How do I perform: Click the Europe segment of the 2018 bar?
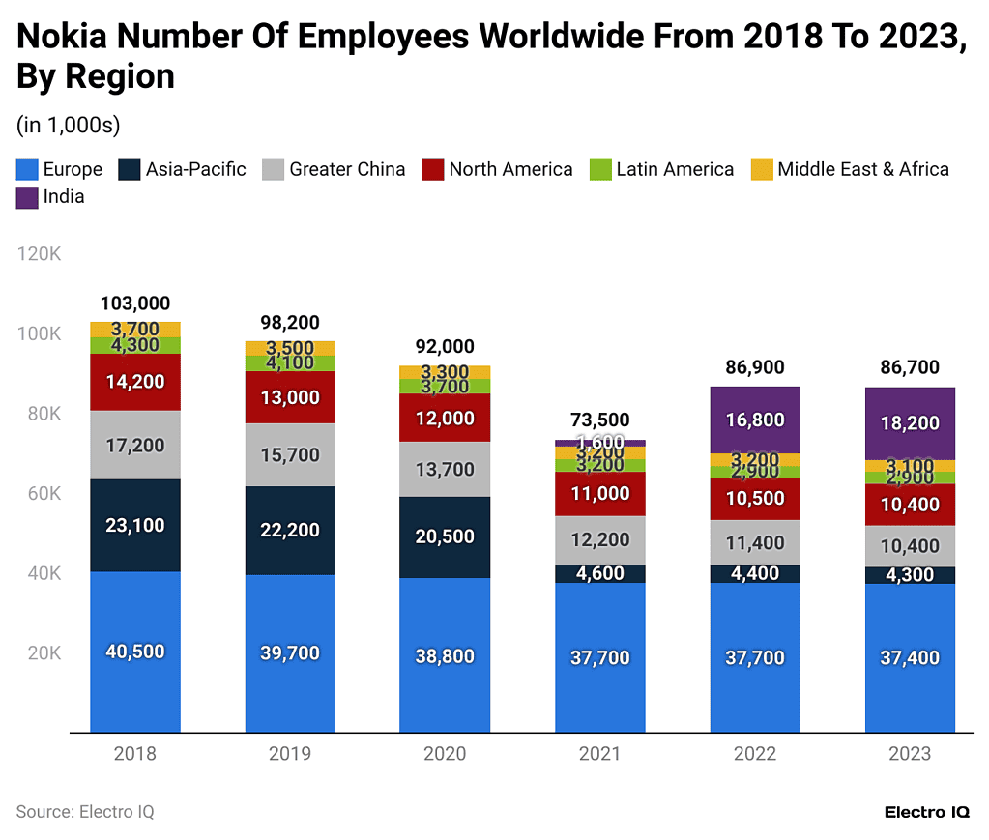pyautogui.click(x=135, y=652)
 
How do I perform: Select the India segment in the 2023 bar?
pyautogui.click(x=910, y=423)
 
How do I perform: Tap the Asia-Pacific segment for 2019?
pyautogui.click(x=290, y=530)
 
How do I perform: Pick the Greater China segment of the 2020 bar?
pyautogui.click(x=445, y=469)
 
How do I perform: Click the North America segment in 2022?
pyautogui.click(x=755, y=498)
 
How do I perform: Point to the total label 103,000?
pyautogui.click(x=135, y=304)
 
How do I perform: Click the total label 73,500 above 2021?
pyautogui.click(x=599, y=420)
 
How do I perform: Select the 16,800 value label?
pyautogui.click(x=755, y=420)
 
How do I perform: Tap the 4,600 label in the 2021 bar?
pyautogui.click(x=599, y=572)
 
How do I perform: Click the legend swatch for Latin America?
pyautogui.click(x=600, y=170)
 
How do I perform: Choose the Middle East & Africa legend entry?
pyautogui.click(x=862, y=170)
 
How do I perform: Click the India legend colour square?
pyautogui.click(x=27, y=197)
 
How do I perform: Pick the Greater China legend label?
pyautogui.click(x=347, y=170)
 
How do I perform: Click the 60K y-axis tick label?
pyautogui.click(x=41, y=494)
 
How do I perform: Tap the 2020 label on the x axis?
pyautogui.click(x=445, y=754)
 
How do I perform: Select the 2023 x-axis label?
pyautogui.click(x=910, y=754)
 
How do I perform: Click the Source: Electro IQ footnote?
pyautogui.click(x=85, y=812)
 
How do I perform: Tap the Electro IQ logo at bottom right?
pyautogui.click(x=926, y=812)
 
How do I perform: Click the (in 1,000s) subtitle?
pyautogui.click(x=69, y=126)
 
